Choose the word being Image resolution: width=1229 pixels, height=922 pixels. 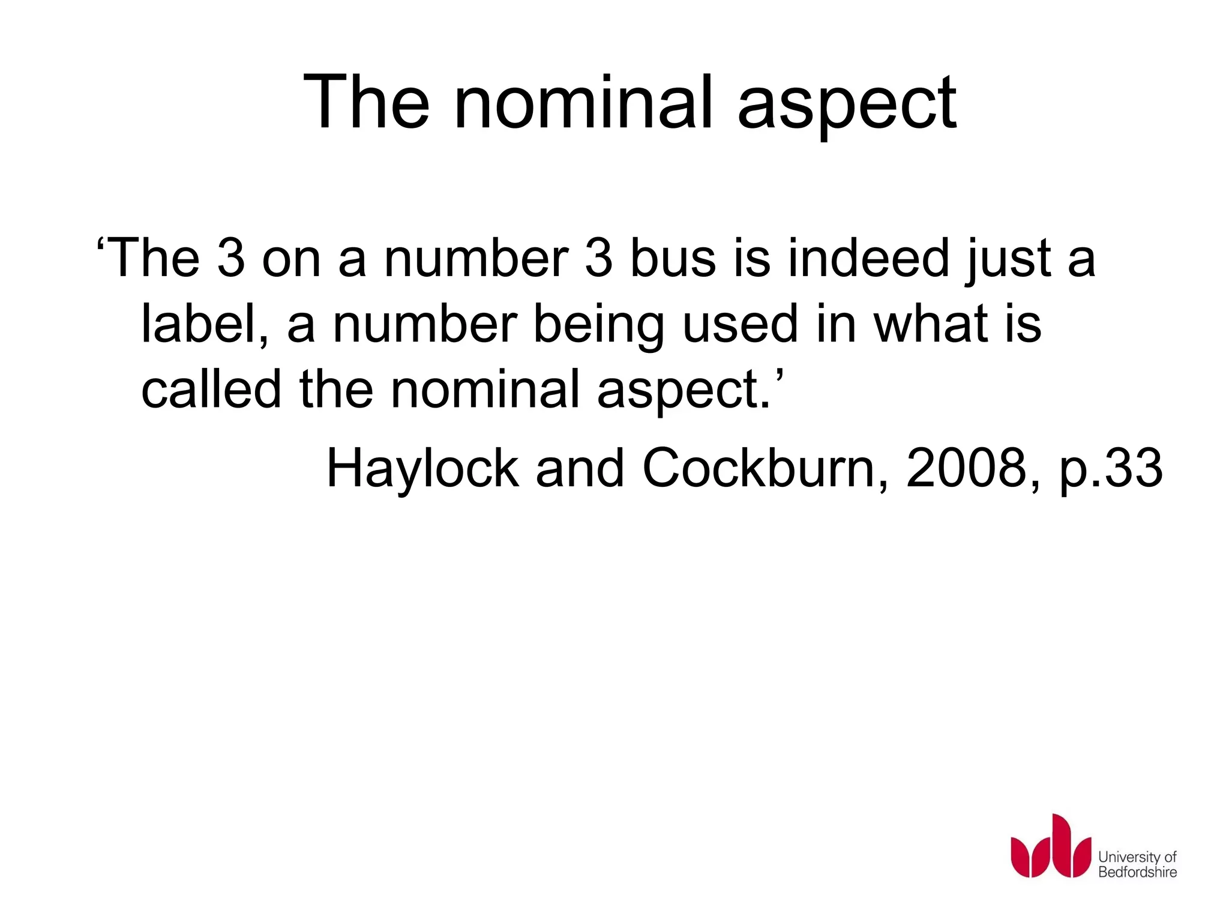[x=598, y=324]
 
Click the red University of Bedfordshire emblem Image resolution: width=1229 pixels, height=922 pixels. [x=1050, y=846]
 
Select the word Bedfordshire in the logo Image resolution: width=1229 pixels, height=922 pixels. [x=1137, y=872]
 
